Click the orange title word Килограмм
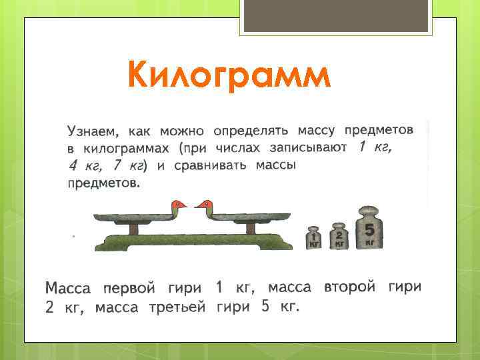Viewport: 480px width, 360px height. [x=229, y=75]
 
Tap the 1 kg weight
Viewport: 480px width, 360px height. [x=313, y=238]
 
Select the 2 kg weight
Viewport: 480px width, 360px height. [x=339, y=236]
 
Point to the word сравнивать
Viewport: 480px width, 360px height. [x=211, y=165]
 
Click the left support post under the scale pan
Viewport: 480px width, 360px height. [x=134, y=229]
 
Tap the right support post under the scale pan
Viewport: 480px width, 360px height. [x=250, y=229]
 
